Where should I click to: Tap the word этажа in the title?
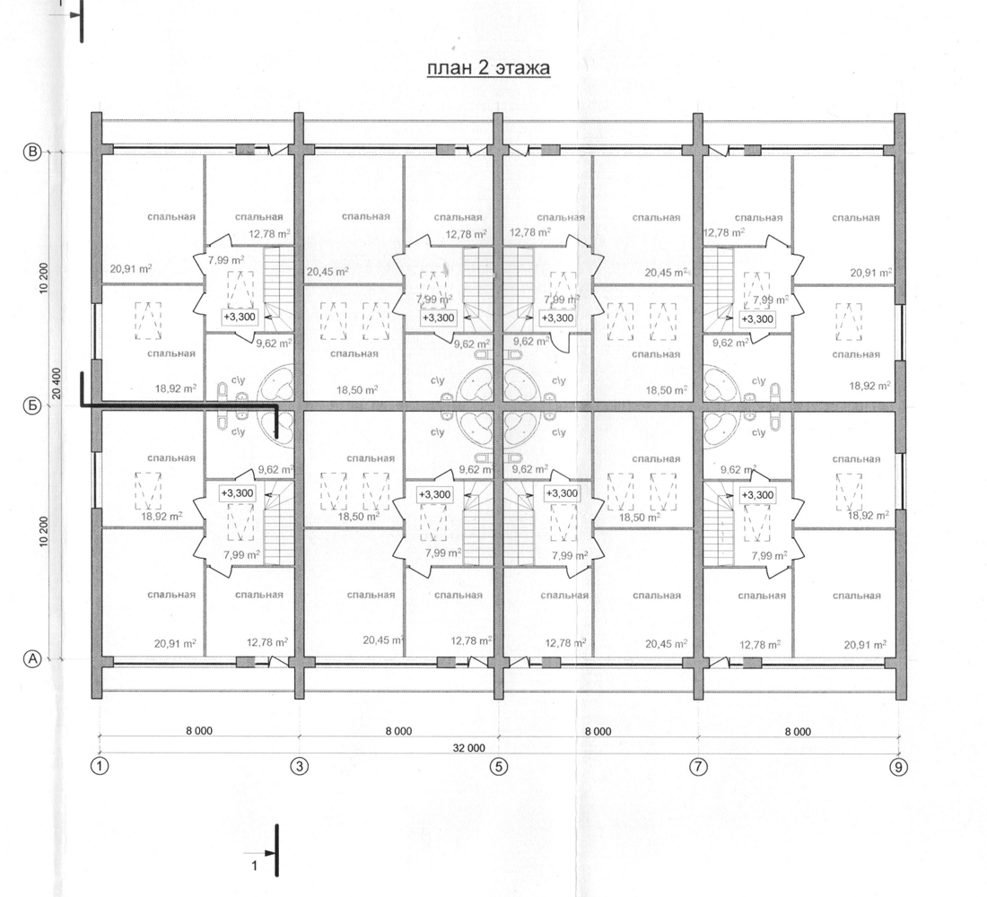click(522, 68)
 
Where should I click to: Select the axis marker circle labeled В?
click(32, 152)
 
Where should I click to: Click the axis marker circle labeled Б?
click(32, 406)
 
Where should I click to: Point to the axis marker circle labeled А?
click(32, 659)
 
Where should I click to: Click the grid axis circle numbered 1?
click(100, 767)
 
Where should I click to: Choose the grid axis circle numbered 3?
click(300, 767)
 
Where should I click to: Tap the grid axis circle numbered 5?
click(499, 767)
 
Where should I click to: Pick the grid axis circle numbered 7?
click(699, 767)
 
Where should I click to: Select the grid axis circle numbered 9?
click(899, 767)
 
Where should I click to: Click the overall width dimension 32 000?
click(469, 748)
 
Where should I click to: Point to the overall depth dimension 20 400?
click(57, 383)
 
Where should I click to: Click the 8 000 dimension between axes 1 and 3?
click(199, 731)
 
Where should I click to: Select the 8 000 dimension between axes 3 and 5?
click(398, 731)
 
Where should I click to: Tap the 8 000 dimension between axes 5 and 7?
click(598, 731)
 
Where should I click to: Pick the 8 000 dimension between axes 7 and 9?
click(798, 731)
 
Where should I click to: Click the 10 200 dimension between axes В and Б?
click(43, 278)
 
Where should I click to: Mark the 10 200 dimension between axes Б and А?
click(43, 533)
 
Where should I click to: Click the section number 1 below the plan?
click(254, 866)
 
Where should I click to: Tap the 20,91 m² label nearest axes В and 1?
click(131, 269)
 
